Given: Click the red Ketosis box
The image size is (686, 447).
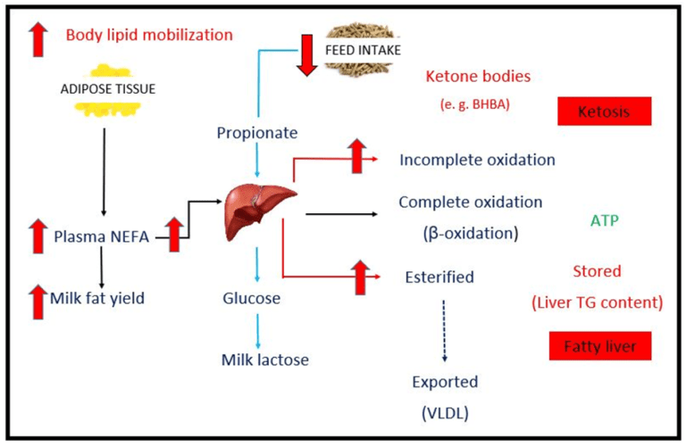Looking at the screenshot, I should coord(604,112).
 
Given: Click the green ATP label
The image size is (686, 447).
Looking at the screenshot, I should coord(605,219).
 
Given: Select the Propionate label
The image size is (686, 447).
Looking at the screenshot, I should coord(257,134).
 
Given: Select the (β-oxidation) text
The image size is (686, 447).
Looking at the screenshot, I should coord(470,233).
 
